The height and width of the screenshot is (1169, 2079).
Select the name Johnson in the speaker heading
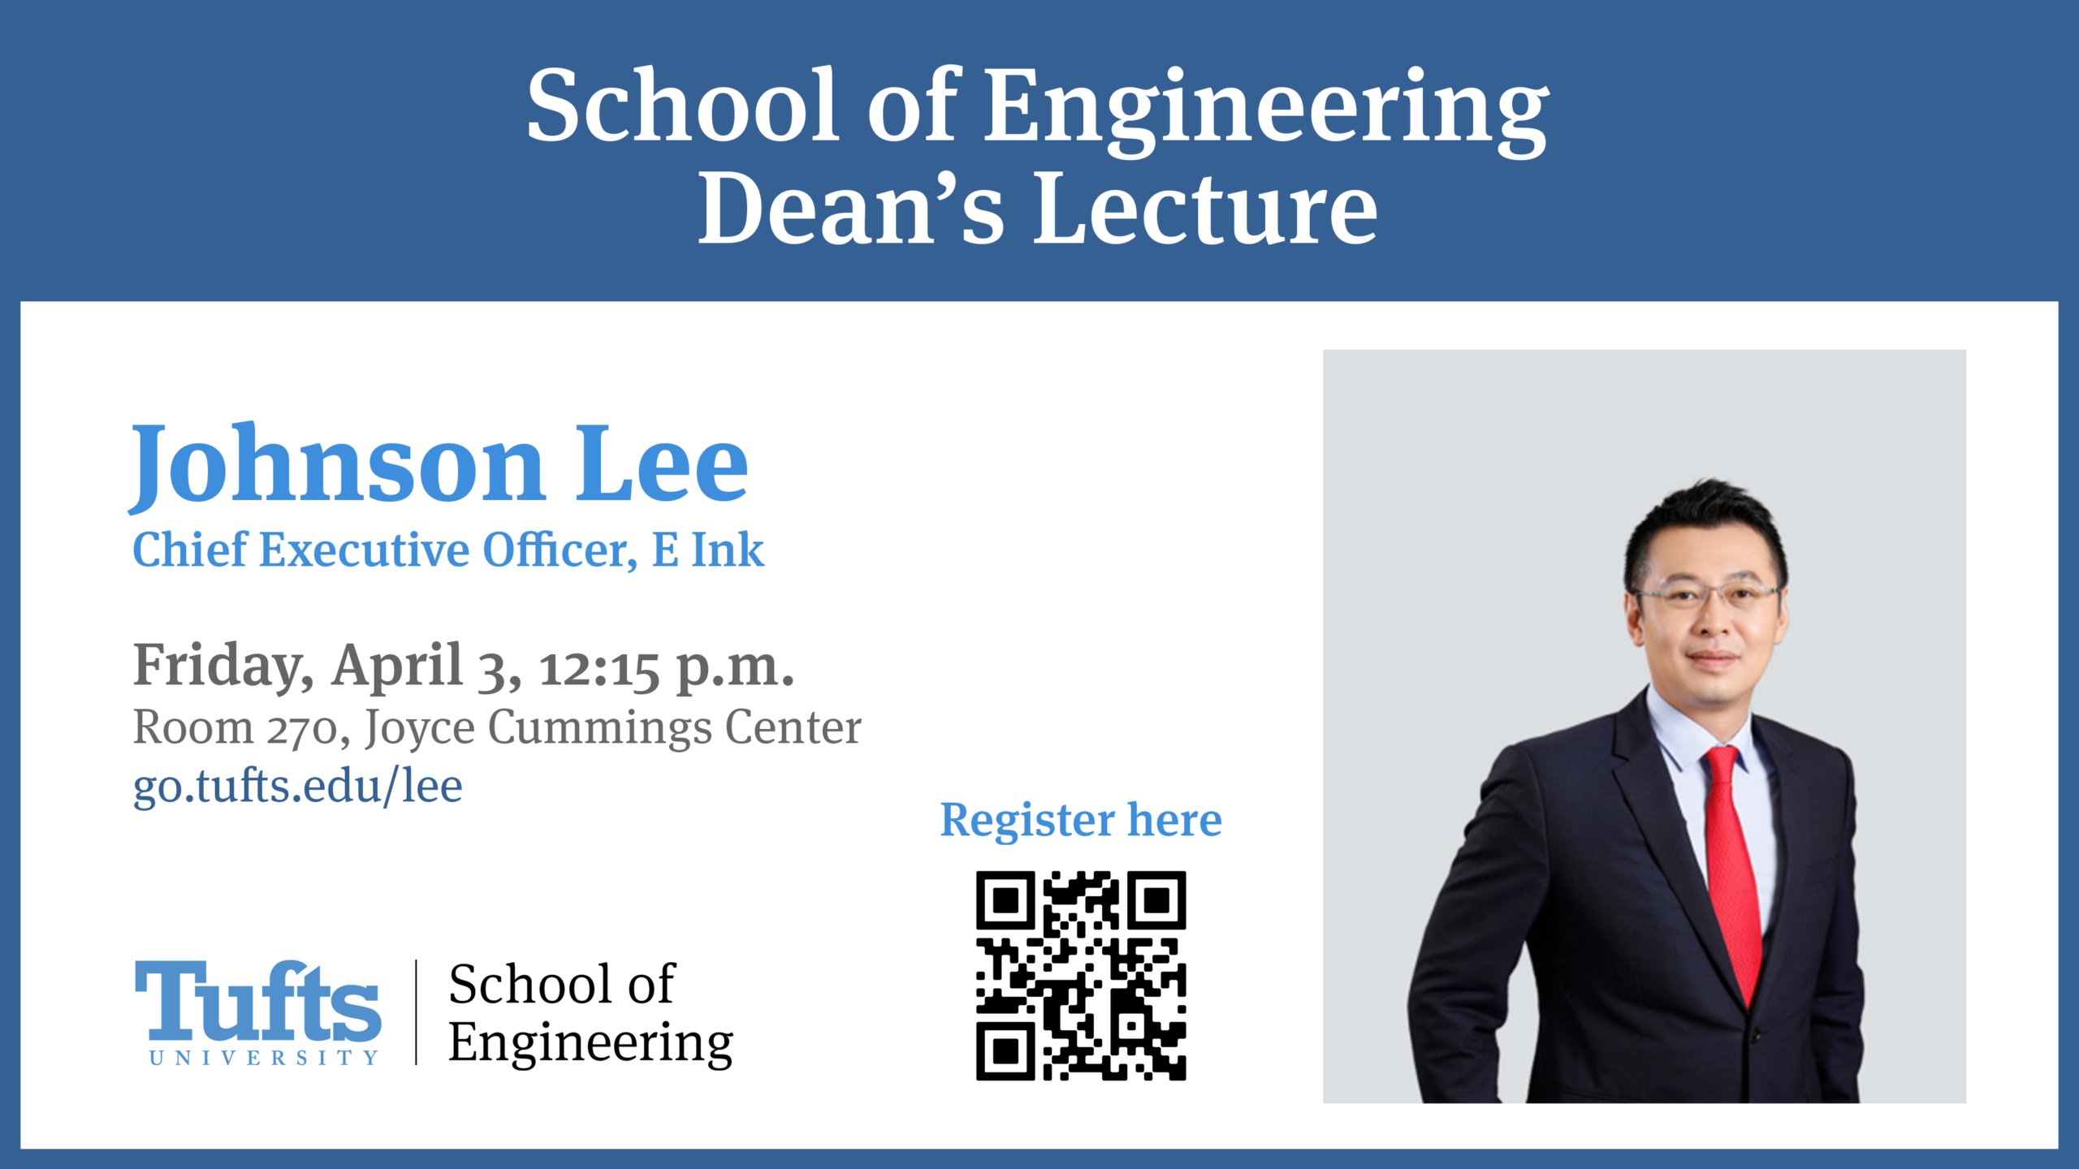click(336, 467)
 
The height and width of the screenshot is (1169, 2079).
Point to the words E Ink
click(708, 550)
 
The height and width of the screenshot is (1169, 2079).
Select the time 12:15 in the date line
click(599, 671)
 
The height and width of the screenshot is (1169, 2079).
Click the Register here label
click(1081, 821)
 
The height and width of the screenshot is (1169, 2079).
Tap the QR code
click(1081, 976)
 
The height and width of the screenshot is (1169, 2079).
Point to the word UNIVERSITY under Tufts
click(264, 1058)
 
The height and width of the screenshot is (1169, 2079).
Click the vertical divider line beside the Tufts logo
click(417, 1012)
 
